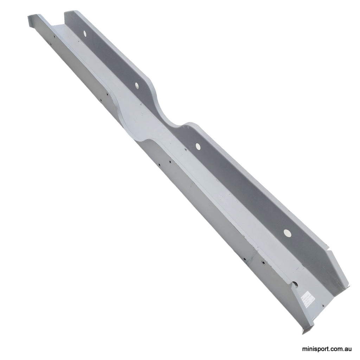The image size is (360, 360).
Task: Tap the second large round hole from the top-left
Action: click(136, 84)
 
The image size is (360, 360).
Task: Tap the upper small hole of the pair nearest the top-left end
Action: click(54, 36)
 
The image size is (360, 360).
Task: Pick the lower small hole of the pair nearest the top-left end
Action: click(50, 44)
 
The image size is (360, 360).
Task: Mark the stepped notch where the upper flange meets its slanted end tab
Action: click(328, 250)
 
